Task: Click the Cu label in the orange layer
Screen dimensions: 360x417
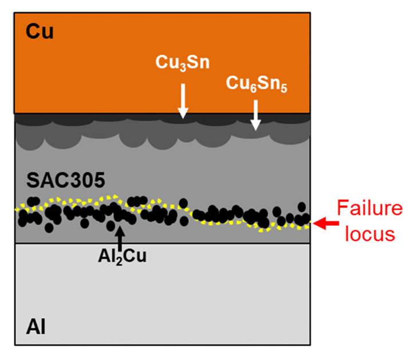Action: point(40,32)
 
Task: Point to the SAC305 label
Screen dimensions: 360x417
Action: point(66,181)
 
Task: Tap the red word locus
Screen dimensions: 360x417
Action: point(367,234)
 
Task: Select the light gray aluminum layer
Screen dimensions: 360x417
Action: point(172,298)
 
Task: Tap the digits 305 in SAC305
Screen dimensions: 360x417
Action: point(89,181)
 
